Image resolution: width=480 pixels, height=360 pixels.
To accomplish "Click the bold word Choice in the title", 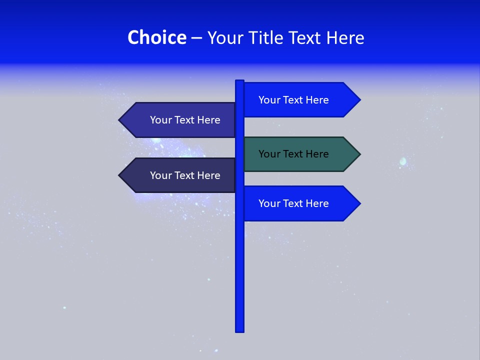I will point(156,37).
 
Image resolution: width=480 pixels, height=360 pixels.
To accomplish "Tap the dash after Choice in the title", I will point(196,38).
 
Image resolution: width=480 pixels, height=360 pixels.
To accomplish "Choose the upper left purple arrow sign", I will point(180,120).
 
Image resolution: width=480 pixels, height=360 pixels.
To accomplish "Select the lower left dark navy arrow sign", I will point(180,175).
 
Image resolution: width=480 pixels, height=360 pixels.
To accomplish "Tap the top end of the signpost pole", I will point(240,81).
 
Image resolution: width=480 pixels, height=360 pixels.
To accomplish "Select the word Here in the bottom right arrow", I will point(317,203).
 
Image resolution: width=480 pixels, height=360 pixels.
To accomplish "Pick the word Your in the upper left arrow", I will point(160,120).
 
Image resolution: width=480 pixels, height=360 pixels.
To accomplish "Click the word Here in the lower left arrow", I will point(209,175).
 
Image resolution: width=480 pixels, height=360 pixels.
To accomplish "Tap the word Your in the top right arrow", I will point(269,100).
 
